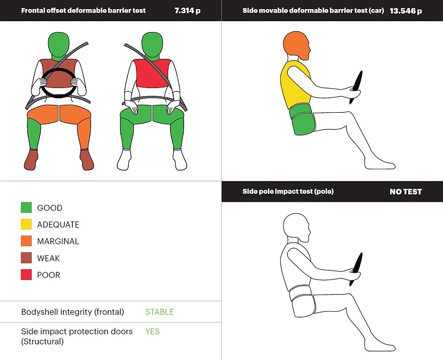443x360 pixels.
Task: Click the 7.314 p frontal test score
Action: tap(187, 11)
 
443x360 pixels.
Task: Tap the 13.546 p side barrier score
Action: tap(406, 11)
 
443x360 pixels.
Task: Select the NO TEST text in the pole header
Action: tap(406, 192)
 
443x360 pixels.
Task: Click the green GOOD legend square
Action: tap(26, 207)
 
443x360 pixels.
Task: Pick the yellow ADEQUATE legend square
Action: tap(26, 224)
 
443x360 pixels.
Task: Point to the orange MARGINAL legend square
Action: tap(26, 241)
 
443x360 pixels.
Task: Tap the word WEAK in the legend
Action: tap(48, 258)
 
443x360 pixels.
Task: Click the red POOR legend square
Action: tap(26, 275)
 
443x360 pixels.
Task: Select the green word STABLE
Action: tap(160, 312)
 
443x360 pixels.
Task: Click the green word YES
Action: tap(152, 331)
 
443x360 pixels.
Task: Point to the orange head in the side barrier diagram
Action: tap(296, 45)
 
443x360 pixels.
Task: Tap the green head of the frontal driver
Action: tap(58, 46)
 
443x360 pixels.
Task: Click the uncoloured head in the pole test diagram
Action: tap(296, 227)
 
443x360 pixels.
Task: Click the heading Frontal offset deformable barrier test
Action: tap(84, 11)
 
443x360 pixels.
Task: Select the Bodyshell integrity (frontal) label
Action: tap(72, 312)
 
